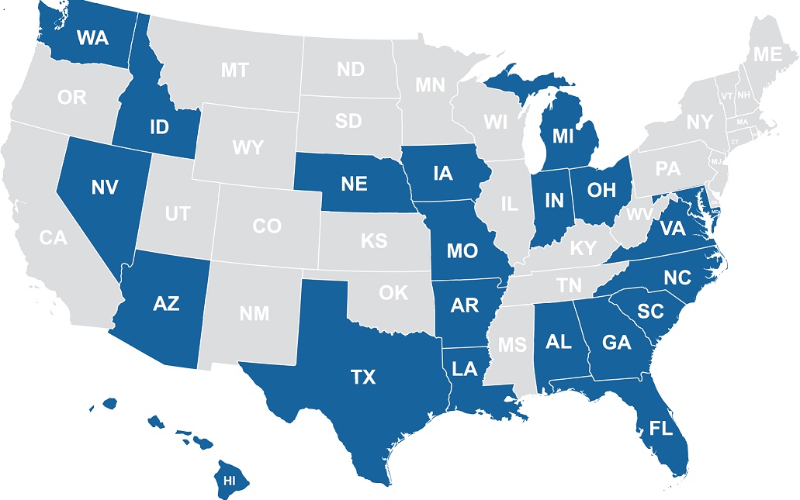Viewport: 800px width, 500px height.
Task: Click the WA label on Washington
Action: point(92,37)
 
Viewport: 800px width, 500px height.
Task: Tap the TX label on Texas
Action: point(362,378)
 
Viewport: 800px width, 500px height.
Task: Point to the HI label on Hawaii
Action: point(229,481)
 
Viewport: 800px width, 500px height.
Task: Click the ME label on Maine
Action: point(767,55)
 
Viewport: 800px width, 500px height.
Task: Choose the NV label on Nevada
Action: point(103,187)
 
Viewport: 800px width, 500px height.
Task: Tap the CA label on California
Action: point(54,239)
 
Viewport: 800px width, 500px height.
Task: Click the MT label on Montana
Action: point(234,71)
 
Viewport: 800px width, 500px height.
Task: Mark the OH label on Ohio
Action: point(601,190)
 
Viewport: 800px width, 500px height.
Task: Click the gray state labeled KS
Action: point(373,241)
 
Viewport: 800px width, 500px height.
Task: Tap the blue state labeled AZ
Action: point(166,303)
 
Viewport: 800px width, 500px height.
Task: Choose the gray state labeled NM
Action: point(254,314)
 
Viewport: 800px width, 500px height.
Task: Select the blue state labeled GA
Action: point(616,343)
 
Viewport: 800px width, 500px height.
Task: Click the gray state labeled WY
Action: point(248,147)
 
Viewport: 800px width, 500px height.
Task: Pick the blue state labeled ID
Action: point(159,127)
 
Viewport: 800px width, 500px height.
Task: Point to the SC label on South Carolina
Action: point(649,311)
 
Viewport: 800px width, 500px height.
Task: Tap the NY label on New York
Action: point(698,122)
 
